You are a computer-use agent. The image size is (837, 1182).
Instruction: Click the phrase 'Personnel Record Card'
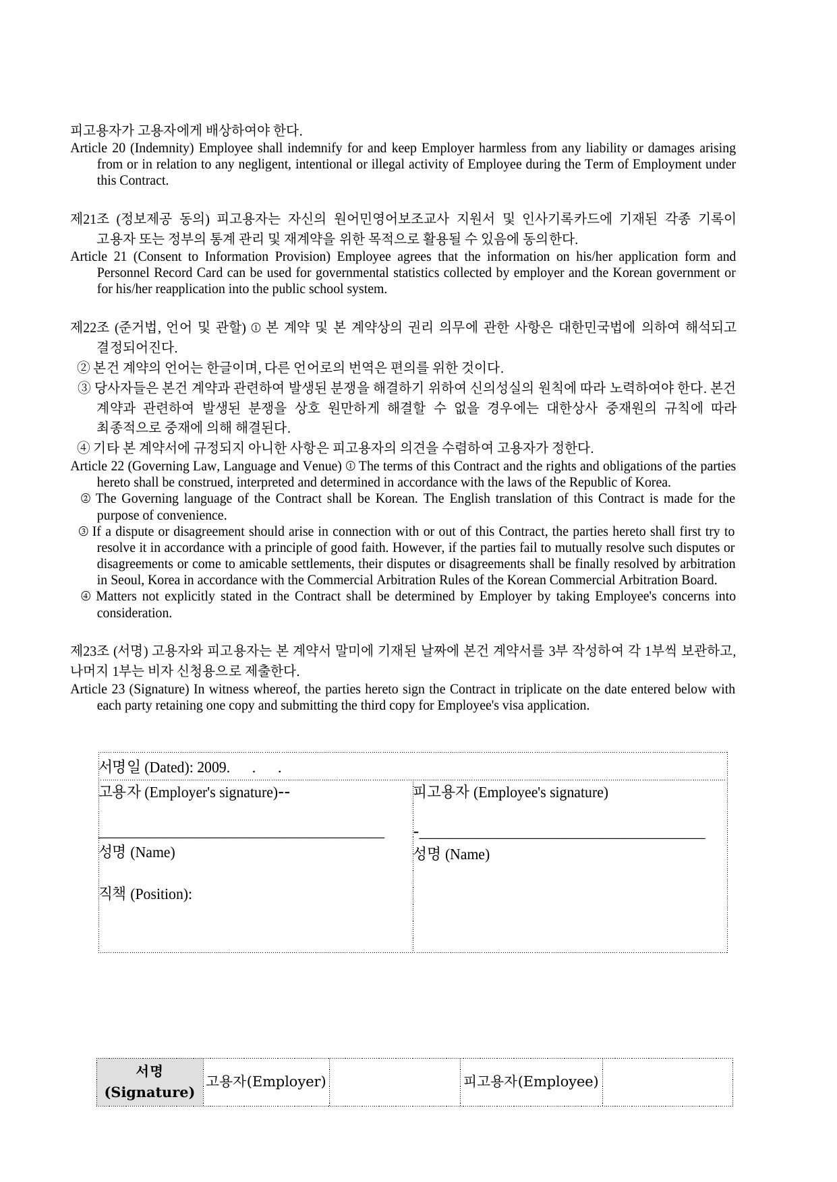(157, 273)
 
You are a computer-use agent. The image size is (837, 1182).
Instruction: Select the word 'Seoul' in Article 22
(126, 580)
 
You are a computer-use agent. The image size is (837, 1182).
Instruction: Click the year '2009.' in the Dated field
(213, 768)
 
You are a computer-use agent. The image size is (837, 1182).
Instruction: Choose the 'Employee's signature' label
(540, 792)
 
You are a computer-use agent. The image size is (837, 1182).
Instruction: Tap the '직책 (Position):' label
(145, 894)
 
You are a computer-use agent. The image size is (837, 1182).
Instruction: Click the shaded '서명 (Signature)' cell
(150, 1082)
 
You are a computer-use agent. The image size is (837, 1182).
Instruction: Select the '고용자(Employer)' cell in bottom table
(266, 1082)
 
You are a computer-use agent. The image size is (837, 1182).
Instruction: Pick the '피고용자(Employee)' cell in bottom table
(531, 1082)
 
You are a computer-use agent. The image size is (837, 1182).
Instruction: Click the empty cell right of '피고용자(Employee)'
(667, 1082)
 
